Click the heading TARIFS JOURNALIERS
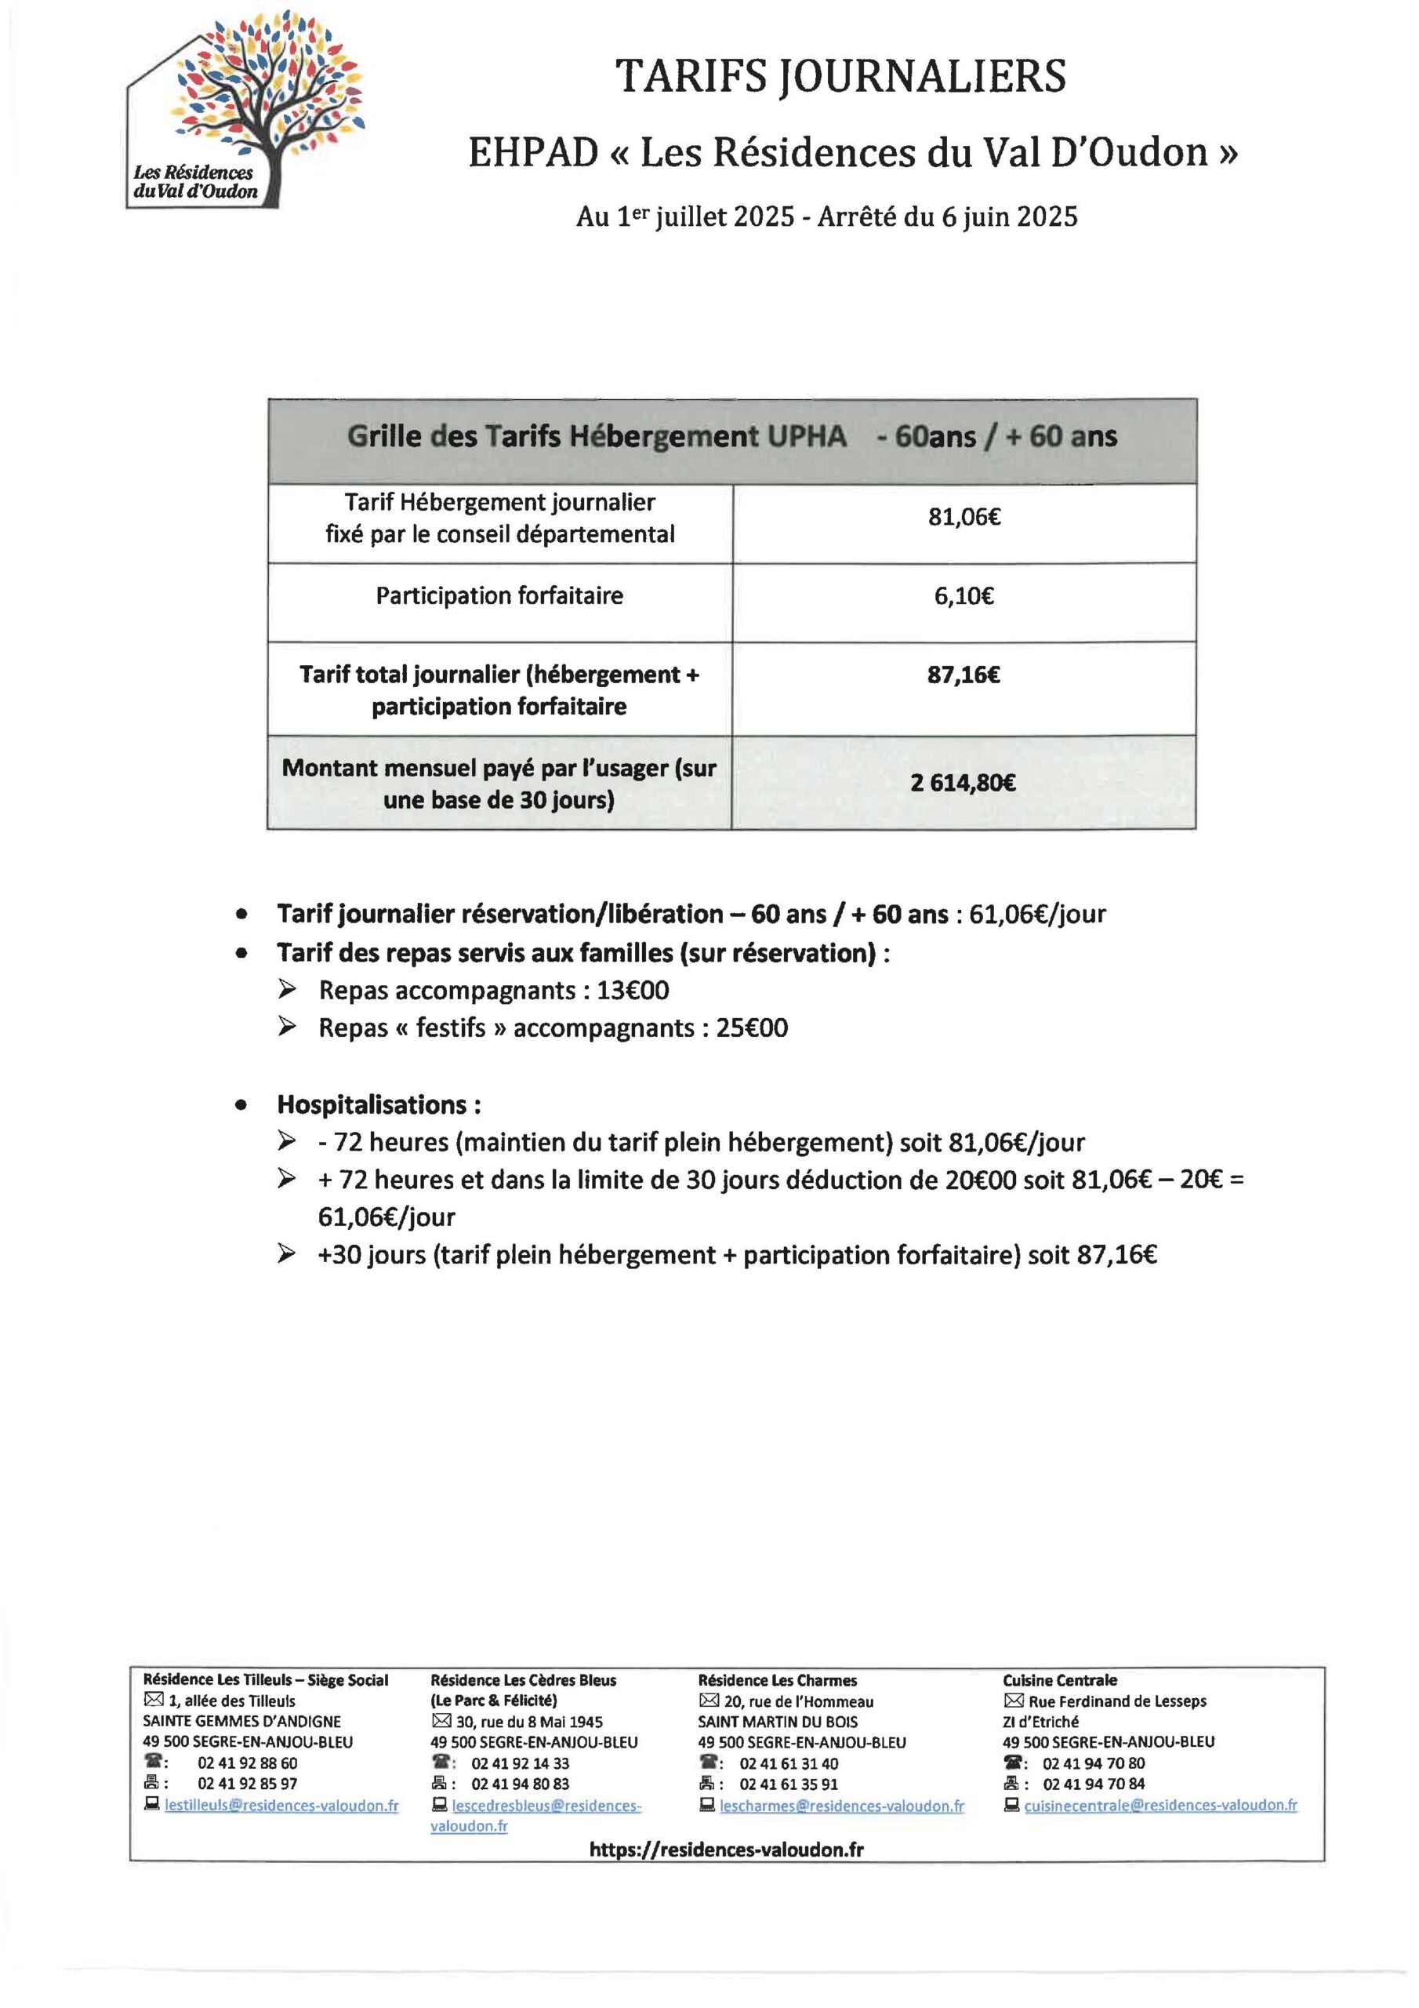point(840,76)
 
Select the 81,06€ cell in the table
point(964,517)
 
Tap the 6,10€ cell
point(964,596)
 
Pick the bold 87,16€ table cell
point(964,675)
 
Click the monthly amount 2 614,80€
point(963,782)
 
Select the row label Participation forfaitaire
point(499,595)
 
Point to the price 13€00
point(632,990)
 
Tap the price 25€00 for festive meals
point(752,1028)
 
